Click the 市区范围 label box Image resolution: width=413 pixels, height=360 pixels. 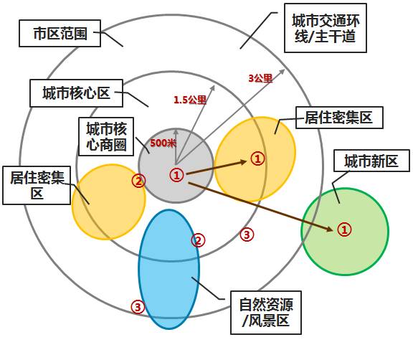tap(60, 34)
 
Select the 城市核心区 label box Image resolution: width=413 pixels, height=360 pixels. tap(76, 93)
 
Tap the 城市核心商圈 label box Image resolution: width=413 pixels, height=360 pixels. tap(106, 136)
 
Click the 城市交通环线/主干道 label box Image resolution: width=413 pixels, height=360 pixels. tap(326, 28)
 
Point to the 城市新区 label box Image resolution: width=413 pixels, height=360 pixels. tap(371, 161)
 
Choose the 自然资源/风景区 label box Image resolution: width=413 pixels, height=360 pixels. tap(266, 313)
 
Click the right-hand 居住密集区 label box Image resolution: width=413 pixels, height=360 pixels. tap(339, 118)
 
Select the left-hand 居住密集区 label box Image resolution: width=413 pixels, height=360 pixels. tap(37, 186)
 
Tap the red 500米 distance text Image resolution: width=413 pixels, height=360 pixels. tap(163, 143)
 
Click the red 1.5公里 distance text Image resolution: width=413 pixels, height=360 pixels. tap(190, 100)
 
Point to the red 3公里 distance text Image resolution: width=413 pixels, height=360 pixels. tap(260, 78)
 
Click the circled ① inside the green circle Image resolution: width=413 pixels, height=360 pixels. tap(344, 229)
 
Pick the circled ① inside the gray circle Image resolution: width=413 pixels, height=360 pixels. tap(176, 175)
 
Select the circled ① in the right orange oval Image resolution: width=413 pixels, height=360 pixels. tap(257, 158)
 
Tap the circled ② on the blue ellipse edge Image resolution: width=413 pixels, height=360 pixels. tap(198, 240)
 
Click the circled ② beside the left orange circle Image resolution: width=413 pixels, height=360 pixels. tap(138, 181)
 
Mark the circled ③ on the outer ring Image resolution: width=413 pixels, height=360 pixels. tap(138, 307)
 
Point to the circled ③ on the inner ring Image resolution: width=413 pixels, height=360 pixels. tap(247, 234)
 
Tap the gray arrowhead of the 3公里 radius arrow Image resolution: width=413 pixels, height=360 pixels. tap(282, 72)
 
